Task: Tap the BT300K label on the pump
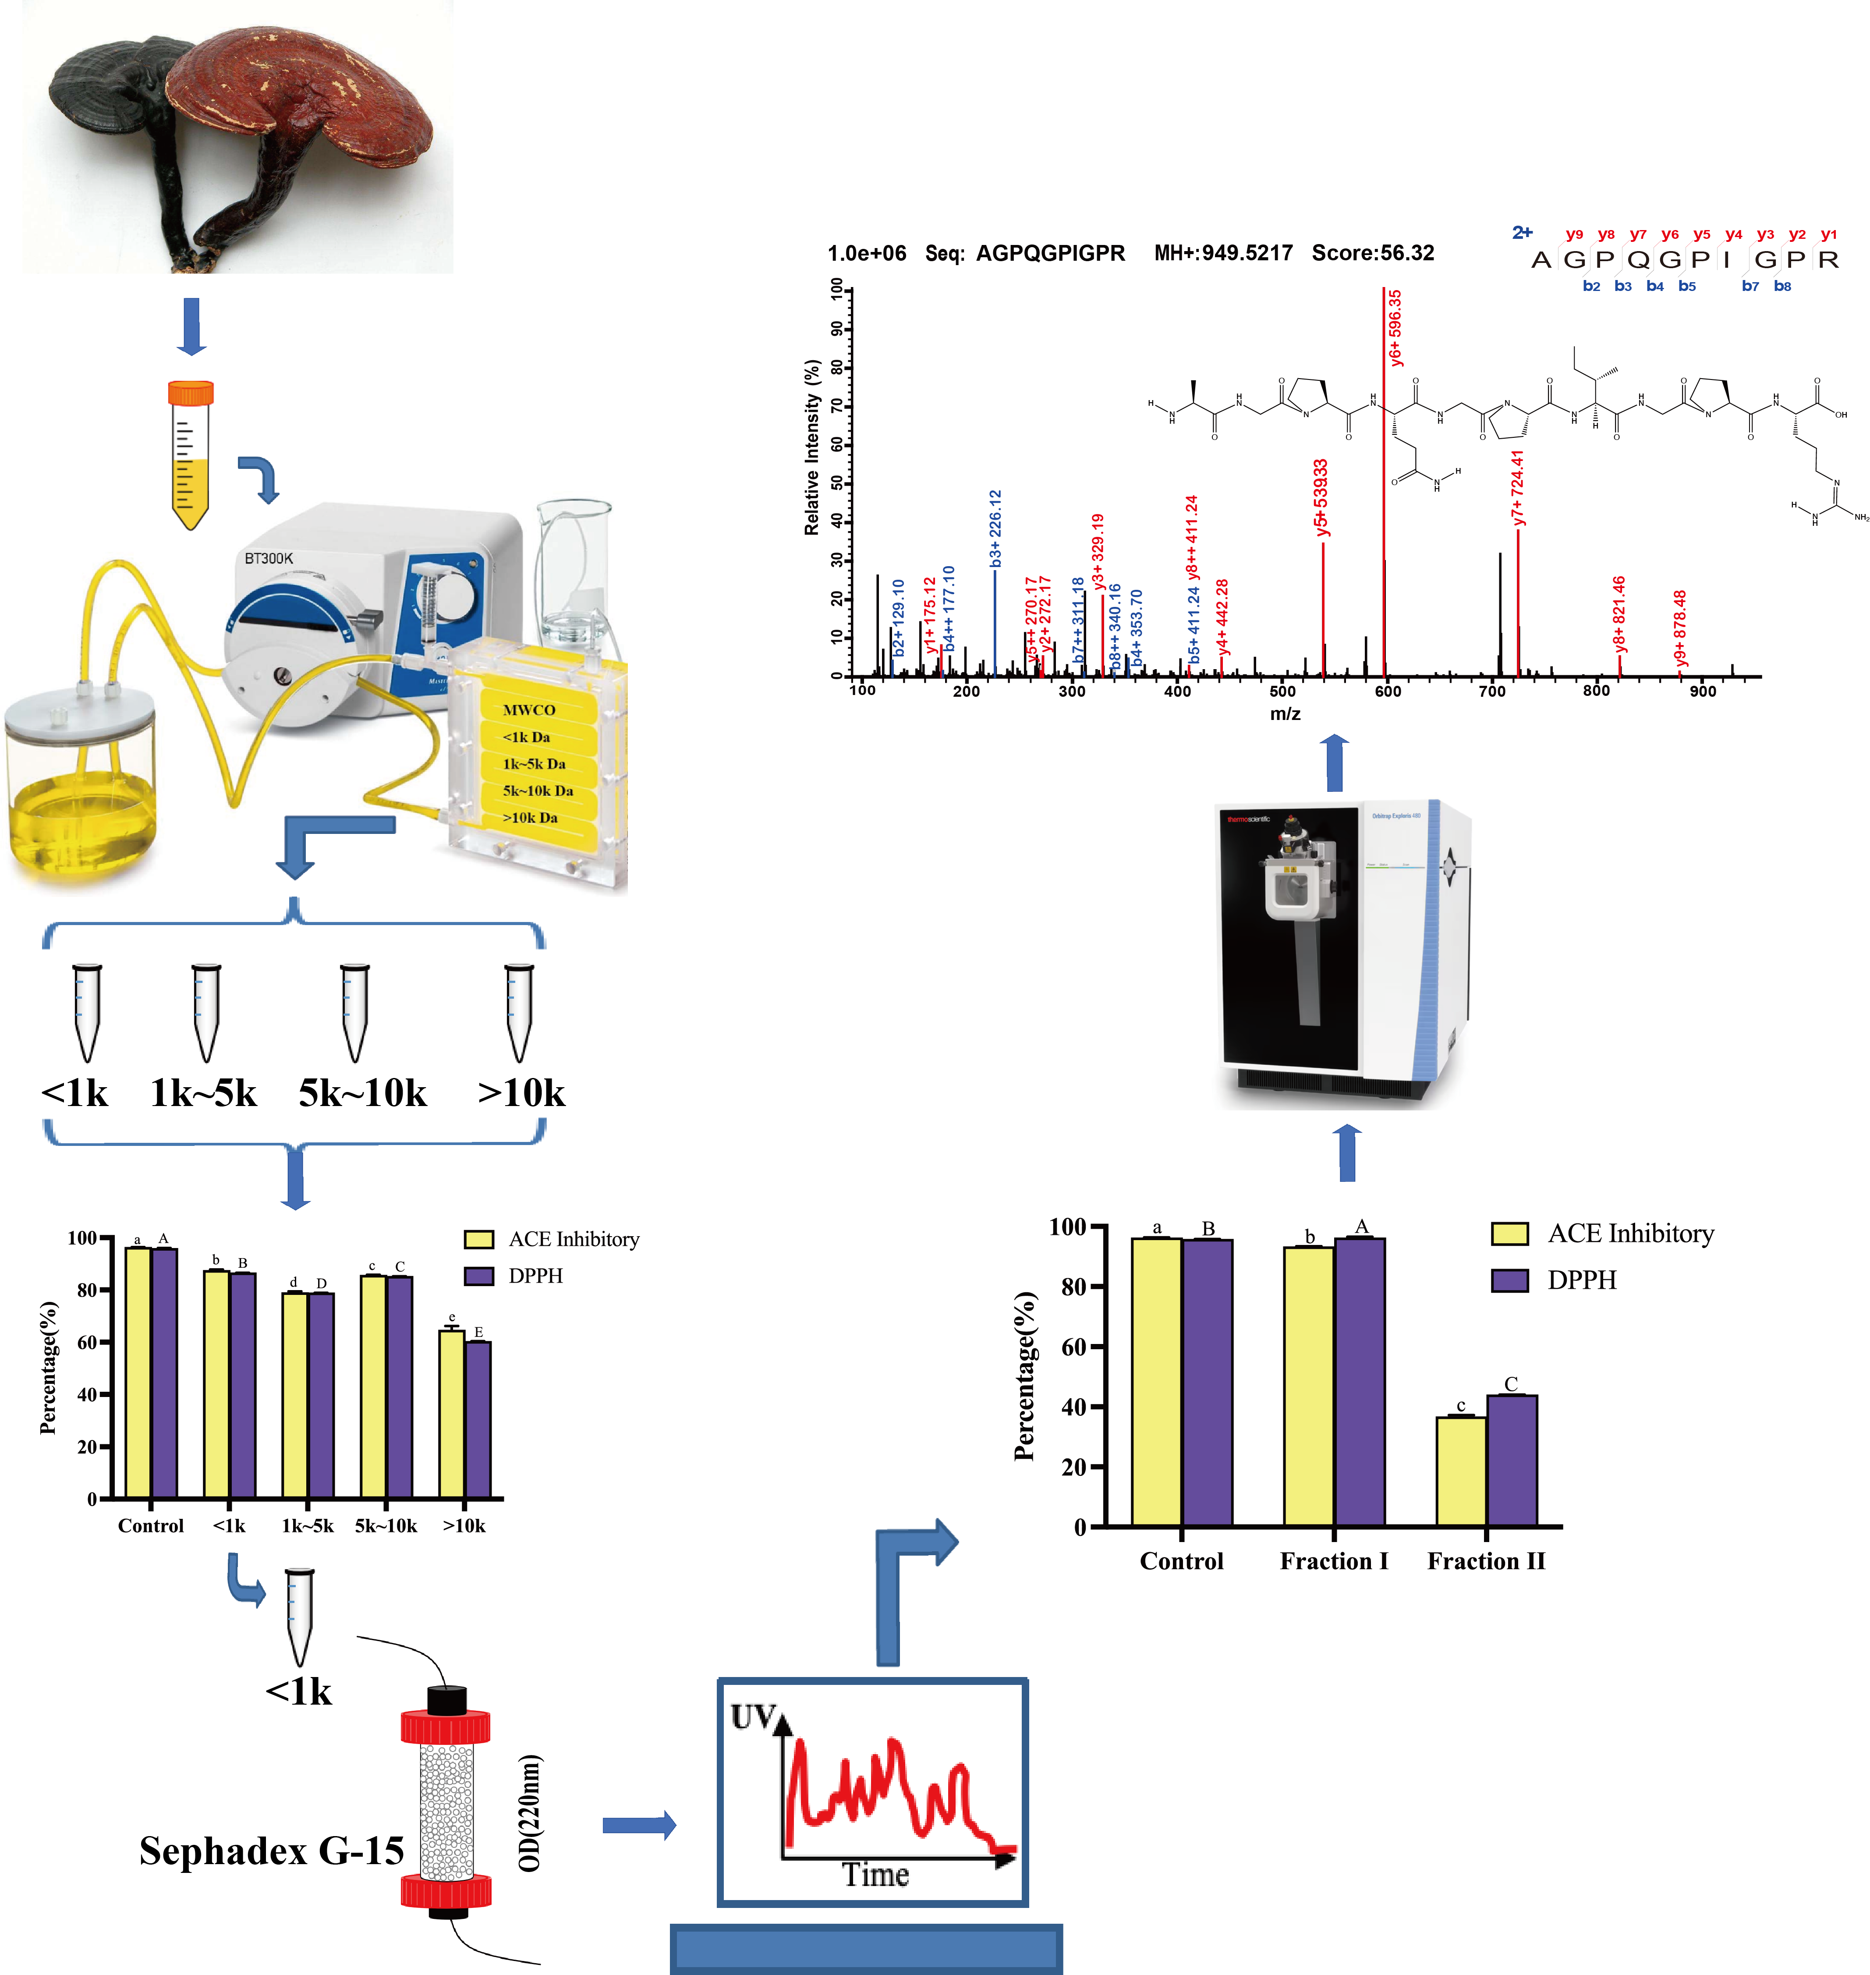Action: (269, 558)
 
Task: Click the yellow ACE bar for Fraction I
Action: (1309, 1386)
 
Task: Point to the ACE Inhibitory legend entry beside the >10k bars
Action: (553, 1239)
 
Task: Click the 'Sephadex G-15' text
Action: (271, 1851)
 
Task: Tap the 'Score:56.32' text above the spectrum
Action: (1373, 253)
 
